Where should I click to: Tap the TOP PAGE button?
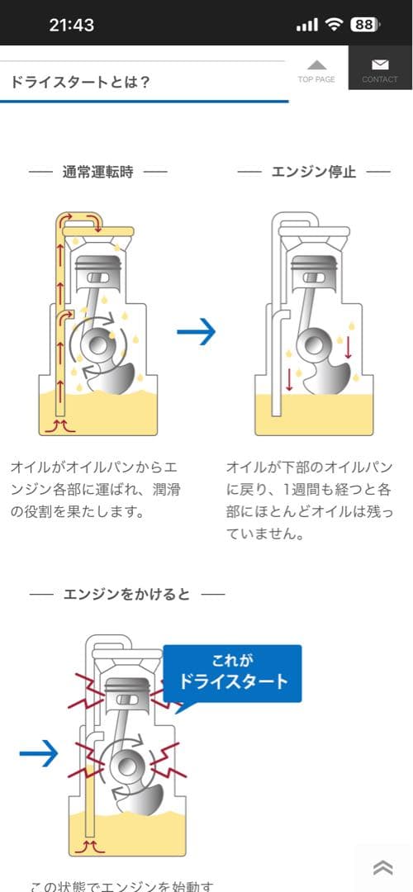(x=316, y=70)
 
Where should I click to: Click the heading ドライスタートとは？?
(x=80, y=83)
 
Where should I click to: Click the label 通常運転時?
(x=97, y=172)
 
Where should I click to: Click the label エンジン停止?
(x=313, y=172)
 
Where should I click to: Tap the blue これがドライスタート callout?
(x=233, y=672)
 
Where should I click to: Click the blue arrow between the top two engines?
(x=197, y=332)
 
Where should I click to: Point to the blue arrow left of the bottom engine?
(x=39, y=752)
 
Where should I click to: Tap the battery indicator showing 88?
(x=363, y=24)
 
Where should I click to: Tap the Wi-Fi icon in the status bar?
(x=334, y=24)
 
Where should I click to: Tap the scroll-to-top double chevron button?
(x=382, y=866)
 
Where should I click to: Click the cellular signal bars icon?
(x=306, y=25)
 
